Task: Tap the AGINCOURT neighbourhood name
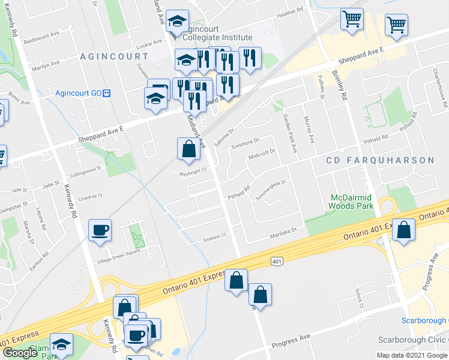113,56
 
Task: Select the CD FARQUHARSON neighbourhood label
379,160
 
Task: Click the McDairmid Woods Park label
351,202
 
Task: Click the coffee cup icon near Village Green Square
100,230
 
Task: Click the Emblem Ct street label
214,236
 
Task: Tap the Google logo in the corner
20,353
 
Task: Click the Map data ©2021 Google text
411,355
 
